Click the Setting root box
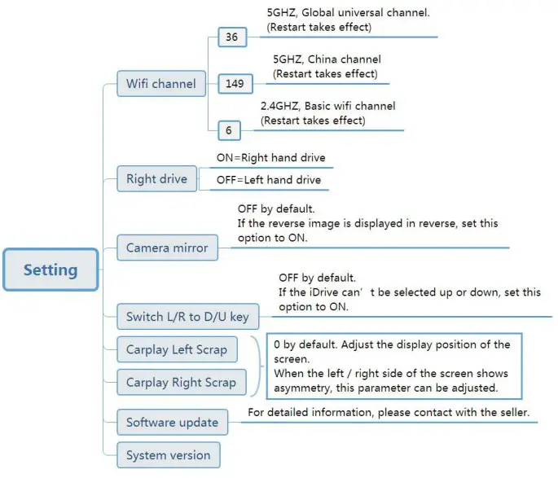click(51, 270)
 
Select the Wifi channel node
click(160, 83)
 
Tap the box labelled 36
click(231, 37)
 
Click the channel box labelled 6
click(229, 129)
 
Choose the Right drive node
click(156, 179)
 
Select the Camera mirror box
click(167, 248)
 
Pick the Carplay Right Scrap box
click(181, 382)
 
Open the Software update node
click(172, 422)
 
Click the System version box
click(168, 455)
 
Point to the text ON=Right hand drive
click(275, 158)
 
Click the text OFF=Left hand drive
click(269, 180)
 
